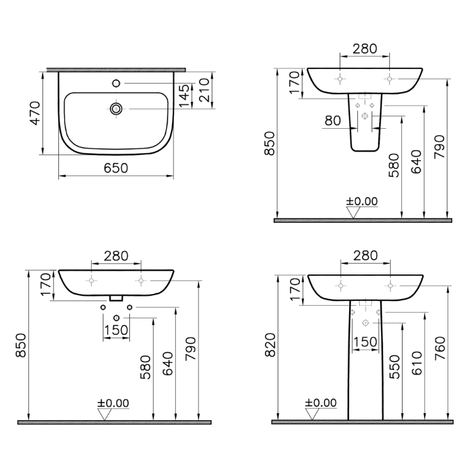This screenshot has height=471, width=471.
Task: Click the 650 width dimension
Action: [x=116, y=168]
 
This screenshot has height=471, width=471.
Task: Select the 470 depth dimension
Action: [x=35, y=113]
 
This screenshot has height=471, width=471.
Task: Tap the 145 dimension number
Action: [x=184, y=95]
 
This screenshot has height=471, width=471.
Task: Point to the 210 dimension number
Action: [x=204, y=90]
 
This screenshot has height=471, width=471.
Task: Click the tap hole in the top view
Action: [x=116, y=83]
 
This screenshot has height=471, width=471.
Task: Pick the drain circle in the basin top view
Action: [x=116, y=109]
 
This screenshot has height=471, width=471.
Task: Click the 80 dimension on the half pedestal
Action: [x=333, y=121]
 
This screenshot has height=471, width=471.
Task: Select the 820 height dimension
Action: [x=271, y=345]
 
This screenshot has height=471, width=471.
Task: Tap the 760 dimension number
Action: [x=440, y=348]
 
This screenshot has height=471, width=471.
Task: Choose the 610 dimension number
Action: [x=417, y=363]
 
